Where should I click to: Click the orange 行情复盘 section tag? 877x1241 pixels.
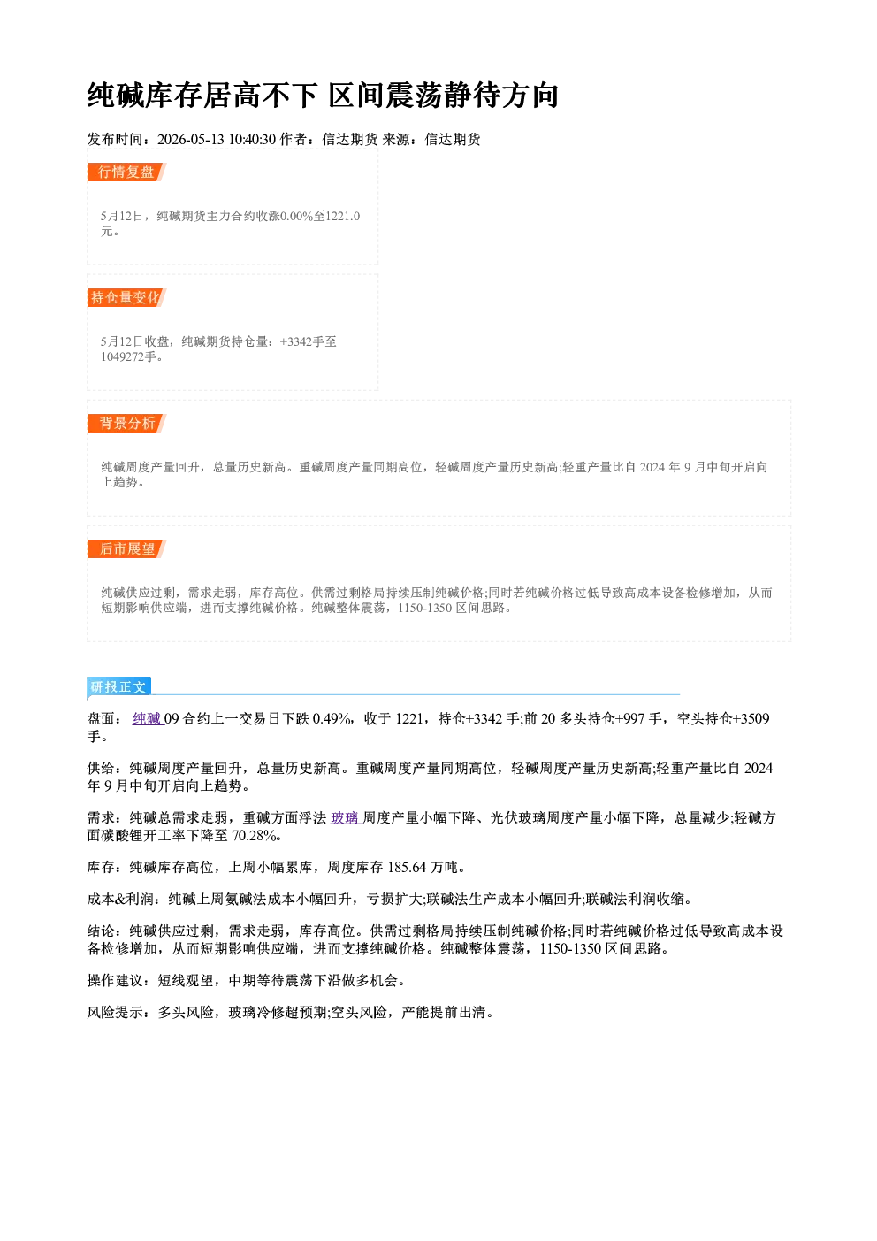tap(126, 172)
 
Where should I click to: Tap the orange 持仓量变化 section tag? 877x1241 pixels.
tap(126, 297)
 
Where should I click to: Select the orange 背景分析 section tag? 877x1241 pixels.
tap(126, 424)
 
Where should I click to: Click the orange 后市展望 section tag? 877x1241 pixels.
tap(126, 549)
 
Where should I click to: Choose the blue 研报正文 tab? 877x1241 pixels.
tap(119, 687)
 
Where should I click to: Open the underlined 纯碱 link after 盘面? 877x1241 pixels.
tap(148, 718)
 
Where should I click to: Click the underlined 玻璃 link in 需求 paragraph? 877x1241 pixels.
tap(346, 817)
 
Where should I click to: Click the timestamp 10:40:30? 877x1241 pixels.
tap(253, 139)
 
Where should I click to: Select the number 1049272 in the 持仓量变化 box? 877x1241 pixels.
tap(122, 356)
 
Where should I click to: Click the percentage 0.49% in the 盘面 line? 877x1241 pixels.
tap(332, 718)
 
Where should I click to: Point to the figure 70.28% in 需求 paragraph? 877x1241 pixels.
tap(254, 836)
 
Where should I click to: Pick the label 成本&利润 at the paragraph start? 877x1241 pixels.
tap(120, 899)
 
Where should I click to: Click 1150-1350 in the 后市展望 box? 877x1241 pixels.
tap(424, 608)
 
